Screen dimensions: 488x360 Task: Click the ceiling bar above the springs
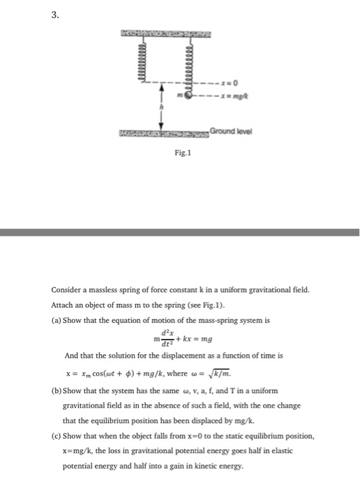tap(165, 33)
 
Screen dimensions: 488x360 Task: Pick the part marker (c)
tap(57, 436)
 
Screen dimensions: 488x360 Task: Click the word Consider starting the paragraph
tap(66, 289)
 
